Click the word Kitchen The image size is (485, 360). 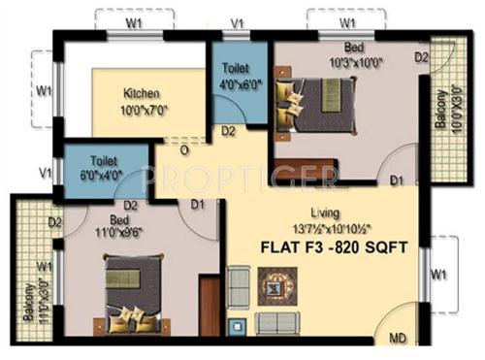[142, 93]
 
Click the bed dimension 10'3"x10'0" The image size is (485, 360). [354, 62]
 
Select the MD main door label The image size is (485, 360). [399, 340]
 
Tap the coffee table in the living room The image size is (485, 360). [279, 287]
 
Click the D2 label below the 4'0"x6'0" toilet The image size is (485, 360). [229, 131]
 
